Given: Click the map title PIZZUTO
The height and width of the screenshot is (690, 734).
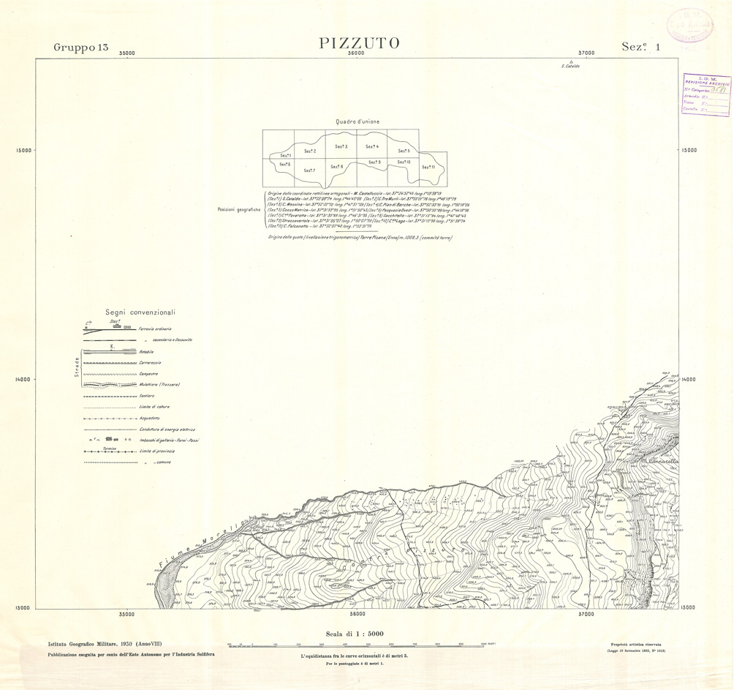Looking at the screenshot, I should pyautogui.click(x=360, y=43).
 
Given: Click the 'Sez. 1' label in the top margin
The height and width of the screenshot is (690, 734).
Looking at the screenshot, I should pyautogui.click(x=640, y=47).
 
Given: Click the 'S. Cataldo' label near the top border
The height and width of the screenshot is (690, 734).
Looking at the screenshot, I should pyautogui.click(x=570, y=67).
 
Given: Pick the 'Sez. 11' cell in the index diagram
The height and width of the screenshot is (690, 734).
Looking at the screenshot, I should pyautogui.click(x=428, y=168).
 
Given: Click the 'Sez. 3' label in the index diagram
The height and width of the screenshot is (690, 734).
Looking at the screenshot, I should pyautogui.click(x=341, y=147).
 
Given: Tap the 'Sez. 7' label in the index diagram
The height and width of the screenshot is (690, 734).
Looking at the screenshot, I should pyautogui.click(x=309, y=170).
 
